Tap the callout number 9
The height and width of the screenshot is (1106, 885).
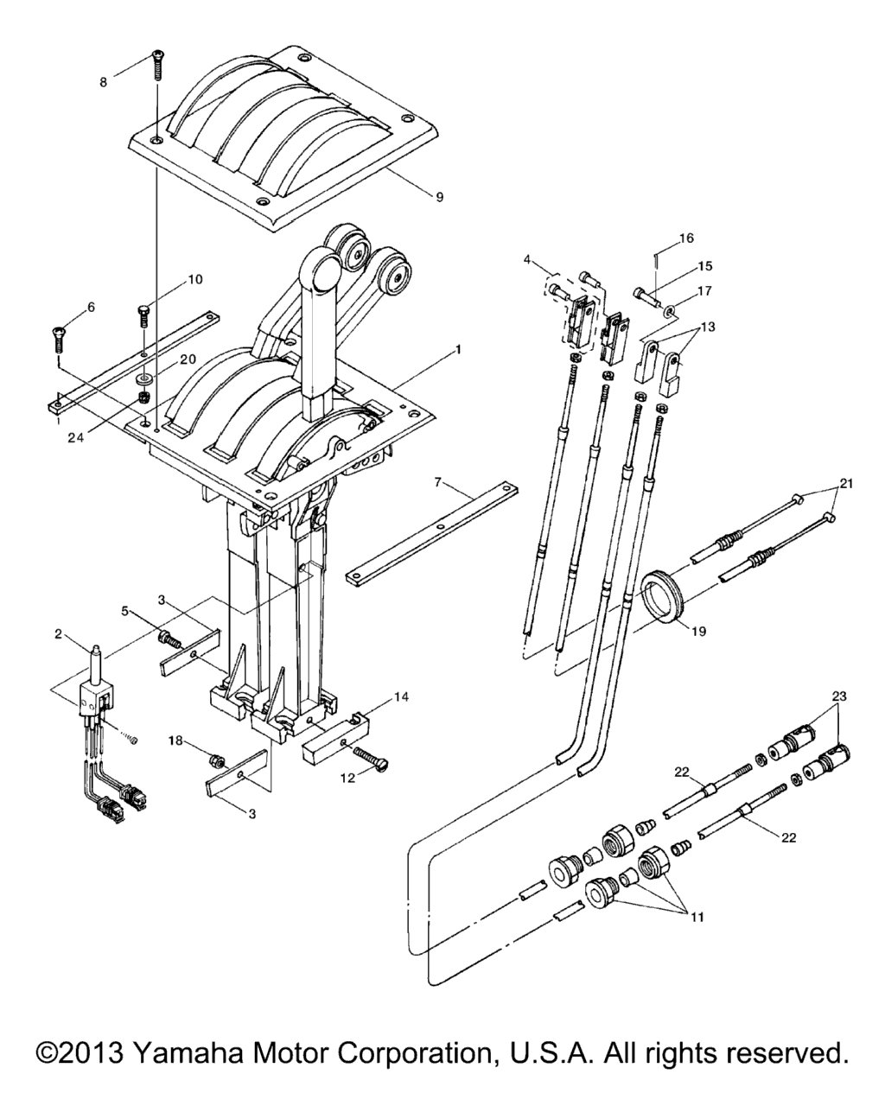tap(439, 197)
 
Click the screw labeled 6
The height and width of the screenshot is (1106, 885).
tap(59, 338)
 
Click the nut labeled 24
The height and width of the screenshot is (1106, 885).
tap(144, 397)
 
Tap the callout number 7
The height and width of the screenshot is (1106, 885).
tap(437, 482)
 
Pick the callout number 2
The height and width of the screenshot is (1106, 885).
tap(58, 634)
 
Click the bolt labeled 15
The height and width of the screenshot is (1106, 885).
tap(648, 296)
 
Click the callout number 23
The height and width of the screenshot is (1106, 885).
tap(839, 696)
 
